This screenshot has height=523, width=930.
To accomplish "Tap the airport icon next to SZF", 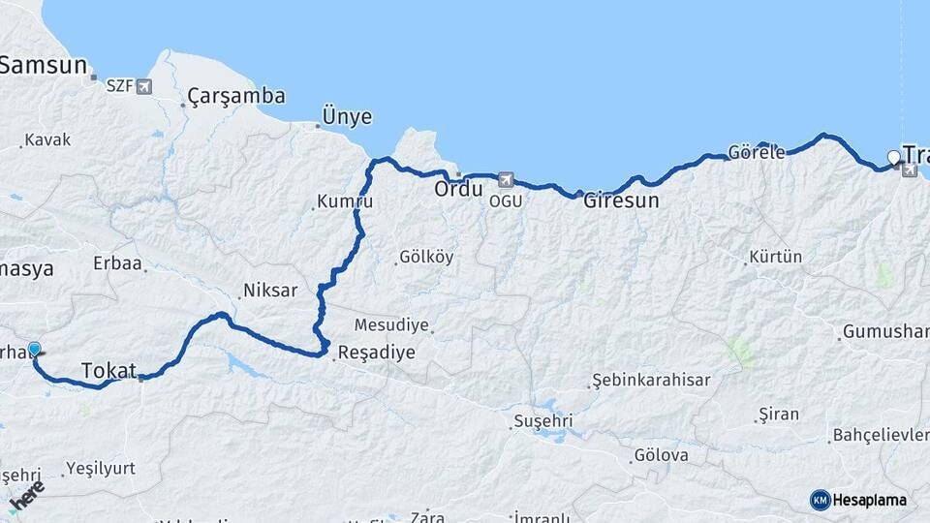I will click(x=144, y=87).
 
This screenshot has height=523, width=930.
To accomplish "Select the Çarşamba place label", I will click(x=236, y=96).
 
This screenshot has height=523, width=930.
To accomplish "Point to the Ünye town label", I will click(x=348, y=117).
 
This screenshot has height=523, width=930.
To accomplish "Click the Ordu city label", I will click(x=458, y=188).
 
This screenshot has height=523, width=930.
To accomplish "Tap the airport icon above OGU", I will click(x=505, y=180).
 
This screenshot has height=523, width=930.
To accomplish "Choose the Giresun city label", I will click(x=621, y=201).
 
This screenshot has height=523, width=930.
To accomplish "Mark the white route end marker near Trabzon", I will click(x=894, y=157).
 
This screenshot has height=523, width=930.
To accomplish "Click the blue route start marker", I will click(x=35, y=349).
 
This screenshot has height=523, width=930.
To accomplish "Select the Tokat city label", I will click(x=108, y=370).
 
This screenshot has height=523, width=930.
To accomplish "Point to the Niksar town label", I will click(x=270, y=291).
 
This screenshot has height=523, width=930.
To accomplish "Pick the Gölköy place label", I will click(x=425, y=258).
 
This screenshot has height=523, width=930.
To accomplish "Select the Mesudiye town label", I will click(x=390, y=324).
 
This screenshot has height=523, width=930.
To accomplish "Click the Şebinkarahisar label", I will click(x=651, y=381).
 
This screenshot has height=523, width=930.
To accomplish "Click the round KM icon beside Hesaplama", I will click(x=821, y=500).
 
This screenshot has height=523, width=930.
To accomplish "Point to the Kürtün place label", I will click(x=776, y=258).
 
